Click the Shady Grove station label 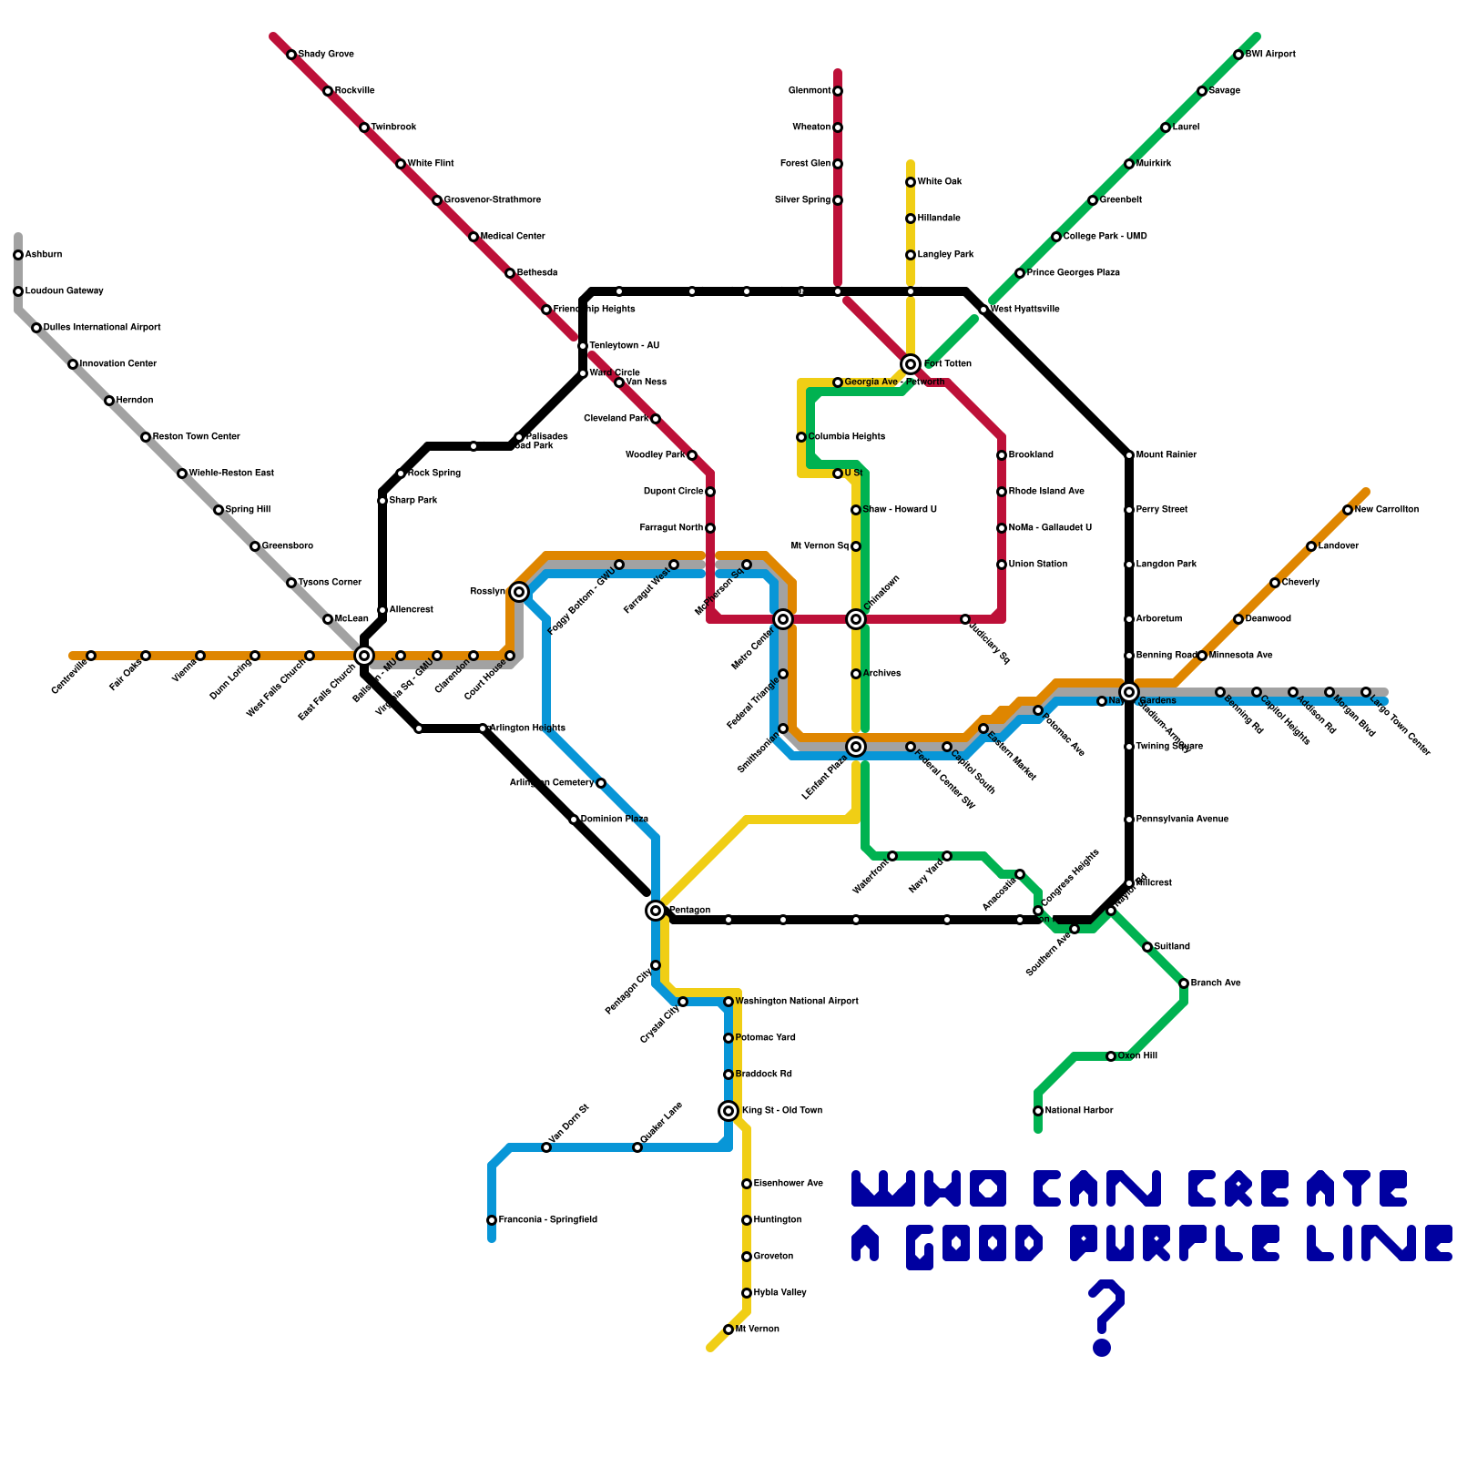point(326,55)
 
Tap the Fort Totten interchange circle point(911,364)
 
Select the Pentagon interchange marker point(656,911)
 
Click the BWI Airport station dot point(1238,55)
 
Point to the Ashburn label point(44,255)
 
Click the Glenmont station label point(810,91)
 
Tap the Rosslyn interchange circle point(519,592)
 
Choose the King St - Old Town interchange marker point(728,1111)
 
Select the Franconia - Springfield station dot point(492,1220)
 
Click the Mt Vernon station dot point(728,1330)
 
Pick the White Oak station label point(940,182)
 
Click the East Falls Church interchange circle point(364,656)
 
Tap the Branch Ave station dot point(1184,983)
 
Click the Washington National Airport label point(797,1002)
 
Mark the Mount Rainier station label point(1167,455)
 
